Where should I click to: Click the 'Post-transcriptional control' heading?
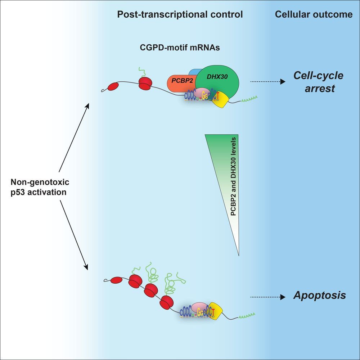pyautogui.click(x=180, y=15)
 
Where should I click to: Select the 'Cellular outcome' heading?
pyautogui.click(x=314, y=15)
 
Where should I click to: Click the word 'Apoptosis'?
pyautogui.click(x=320, y=296)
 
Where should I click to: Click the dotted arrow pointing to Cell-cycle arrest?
pyautogui.click(x=265, y=82)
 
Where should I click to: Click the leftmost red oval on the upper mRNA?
pyautogui.click(x=112, y=86)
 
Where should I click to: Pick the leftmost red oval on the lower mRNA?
pyautogui.click(x=117, y=280)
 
